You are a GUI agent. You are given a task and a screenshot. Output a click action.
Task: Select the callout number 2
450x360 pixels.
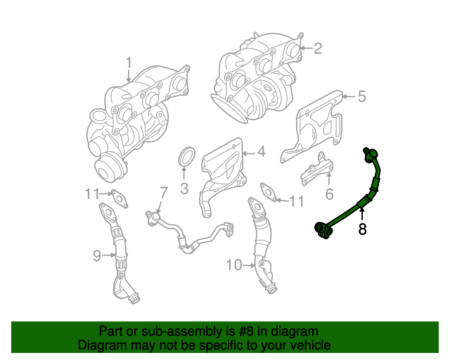tap(318, 48)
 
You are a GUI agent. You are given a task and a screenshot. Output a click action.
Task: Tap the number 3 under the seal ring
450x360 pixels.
tap(184, 188)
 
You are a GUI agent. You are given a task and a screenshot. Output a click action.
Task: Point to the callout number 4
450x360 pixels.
tap(260, 151)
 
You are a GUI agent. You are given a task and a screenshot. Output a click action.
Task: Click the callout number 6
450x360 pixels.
tap(328, 193)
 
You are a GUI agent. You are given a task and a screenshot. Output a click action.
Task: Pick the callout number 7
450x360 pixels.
tap(163, 191)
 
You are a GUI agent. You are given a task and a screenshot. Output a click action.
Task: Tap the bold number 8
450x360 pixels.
tap(362, 229)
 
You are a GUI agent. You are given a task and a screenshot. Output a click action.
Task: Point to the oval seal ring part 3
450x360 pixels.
tap(186, 158)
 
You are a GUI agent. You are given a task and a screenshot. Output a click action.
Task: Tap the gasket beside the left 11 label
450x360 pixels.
tap(120, 199)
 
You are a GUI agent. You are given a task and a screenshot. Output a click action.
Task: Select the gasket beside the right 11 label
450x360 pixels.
tap(269, 192)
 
